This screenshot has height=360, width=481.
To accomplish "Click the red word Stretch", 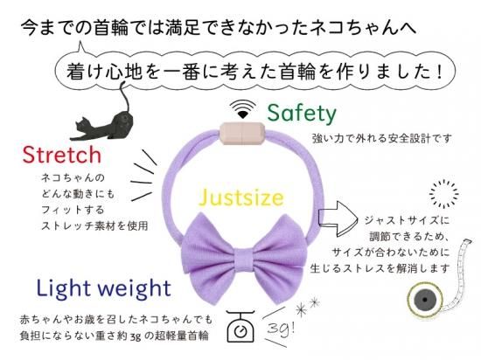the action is point(62,155).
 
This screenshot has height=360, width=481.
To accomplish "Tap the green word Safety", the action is point(302,114).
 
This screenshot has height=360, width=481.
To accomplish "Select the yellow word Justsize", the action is point(241,198).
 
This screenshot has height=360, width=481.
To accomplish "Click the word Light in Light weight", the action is point(64,288).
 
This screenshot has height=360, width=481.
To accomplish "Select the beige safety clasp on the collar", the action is point(242,134).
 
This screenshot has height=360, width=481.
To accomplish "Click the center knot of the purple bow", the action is point(245,260).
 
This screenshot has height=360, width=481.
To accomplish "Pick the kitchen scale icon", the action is point(240,326).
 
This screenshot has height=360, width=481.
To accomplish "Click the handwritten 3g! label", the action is point(281,329).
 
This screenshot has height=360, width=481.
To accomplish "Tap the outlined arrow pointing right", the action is point(338,218).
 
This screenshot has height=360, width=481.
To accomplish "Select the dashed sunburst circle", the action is point(443,194).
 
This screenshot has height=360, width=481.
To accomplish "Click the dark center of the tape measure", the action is point(424,300).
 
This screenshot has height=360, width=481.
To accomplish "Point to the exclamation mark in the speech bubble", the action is point(441,72).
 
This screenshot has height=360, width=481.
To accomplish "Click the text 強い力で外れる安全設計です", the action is point(381,138).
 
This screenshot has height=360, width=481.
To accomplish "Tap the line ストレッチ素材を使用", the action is point(94,225).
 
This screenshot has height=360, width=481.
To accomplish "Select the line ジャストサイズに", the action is point(407,220).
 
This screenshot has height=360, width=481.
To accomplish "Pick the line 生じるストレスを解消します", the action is point(380,268).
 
